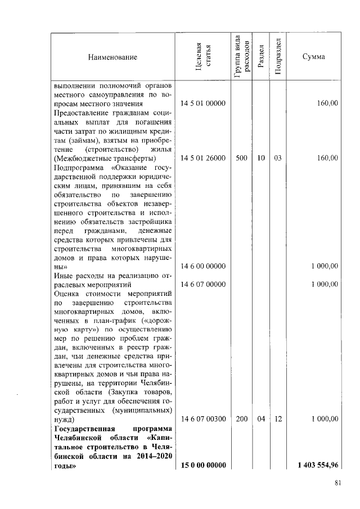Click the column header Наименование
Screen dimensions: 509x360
point(112,57)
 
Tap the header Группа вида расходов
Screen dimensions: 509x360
point(241,57)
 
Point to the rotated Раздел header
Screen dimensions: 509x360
point(260,57)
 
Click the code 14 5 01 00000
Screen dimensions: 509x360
point(202,104)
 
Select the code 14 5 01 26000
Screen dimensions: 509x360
point(202,159)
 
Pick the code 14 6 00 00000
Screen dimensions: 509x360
point(202,266)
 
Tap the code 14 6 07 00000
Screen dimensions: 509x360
point(202,284)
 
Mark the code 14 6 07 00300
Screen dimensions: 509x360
point(202,419)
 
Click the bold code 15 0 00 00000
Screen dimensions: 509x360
point(202,465)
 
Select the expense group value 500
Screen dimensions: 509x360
point(241,159)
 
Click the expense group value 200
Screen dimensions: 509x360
point(241,419)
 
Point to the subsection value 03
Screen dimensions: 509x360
point(278,159)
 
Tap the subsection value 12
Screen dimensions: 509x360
point(278,419)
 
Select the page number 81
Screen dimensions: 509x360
point(338,482)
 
